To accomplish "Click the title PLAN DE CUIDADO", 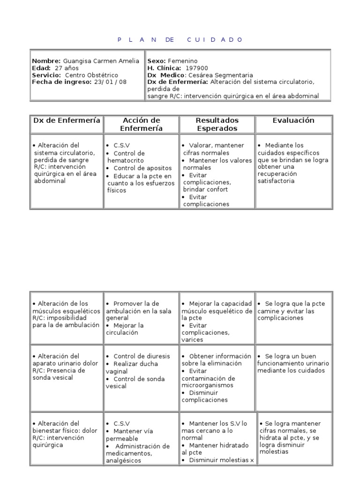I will (x=180, y=40).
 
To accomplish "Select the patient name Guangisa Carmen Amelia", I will (x=101, y=61).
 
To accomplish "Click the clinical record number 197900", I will (x=197, y=68).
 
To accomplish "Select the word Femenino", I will (x=182, y=61).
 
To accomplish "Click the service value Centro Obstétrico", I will (x=91, y=75).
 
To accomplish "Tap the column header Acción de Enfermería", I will (x=141, y=124).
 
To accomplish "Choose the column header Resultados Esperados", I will (x=217, y=124).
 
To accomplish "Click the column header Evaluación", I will (x=293, y=120).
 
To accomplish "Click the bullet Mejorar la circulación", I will (x=124, y=329).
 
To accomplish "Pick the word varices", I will (x=193, y=339).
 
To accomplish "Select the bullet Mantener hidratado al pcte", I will (x=215, y=449).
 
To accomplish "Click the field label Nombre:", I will (x=46, y=61).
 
